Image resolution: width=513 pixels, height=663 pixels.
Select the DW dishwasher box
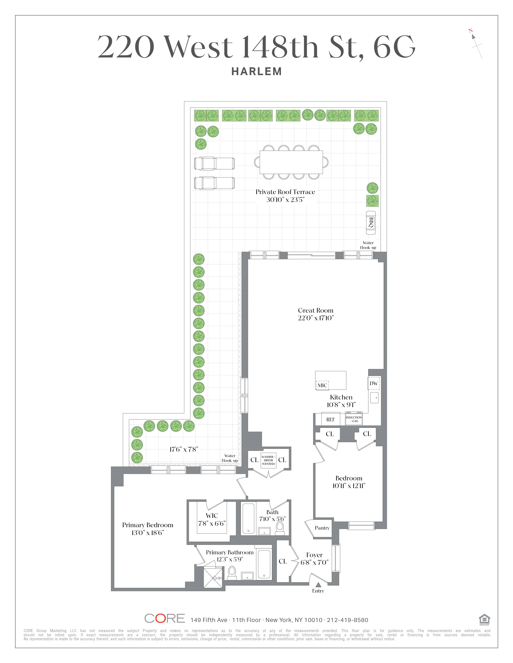374,383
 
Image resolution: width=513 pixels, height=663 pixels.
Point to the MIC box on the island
322,385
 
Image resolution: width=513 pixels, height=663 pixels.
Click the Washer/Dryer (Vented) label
268,460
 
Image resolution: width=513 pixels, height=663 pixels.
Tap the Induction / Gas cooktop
354,419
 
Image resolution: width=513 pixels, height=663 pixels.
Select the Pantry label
322,528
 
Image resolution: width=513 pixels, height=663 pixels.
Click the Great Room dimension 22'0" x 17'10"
316,318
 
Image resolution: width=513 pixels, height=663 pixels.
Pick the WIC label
212,516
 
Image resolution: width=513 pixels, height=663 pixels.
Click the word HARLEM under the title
256,72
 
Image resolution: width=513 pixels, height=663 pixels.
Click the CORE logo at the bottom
164,618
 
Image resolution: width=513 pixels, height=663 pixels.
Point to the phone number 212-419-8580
347,620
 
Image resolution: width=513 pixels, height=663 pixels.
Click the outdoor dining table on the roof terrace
291,162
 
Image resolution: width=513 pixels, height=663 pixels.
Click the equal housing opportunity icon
484,619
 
